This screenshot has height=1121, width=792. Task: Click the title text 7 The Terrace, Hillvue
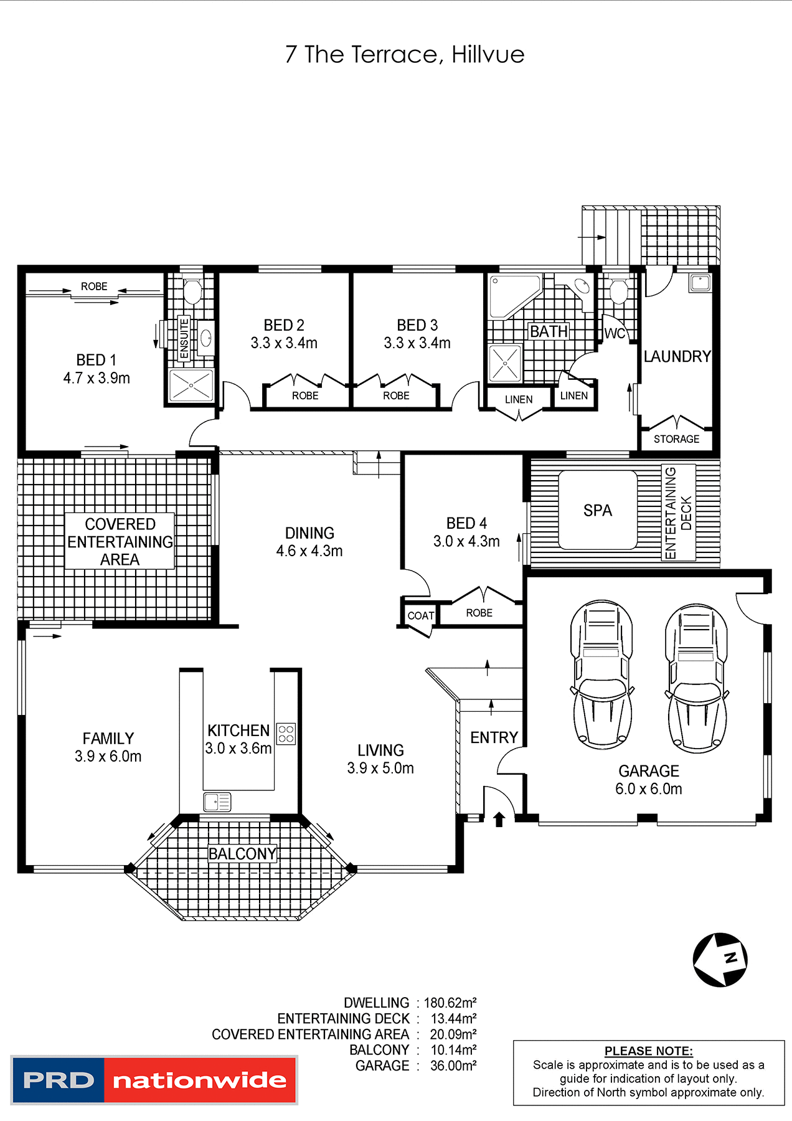coord(405,55)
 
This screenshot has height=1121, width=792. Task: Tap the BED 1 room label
coord(96,360)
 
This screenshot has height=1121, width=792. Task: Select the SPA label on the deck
coord(598,511)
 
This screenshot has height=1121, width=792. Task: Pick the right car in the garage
coord(696,678)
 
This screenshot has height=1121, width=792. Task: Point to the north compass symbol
coord(720,960)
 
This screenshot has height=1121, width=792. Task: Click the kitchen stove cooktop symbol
coord(286,734)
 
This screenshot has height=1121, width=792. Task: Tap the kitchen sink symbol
coord(217,802)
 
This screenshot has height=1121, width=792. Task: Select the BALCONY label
coord(242,854)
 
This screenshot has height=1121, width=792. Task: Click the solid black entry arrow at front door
coord(499,819)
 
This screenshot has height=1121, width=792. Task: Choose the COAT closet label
coord(420,616)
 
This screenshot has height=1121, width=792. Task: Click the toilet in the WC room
coord(618,291)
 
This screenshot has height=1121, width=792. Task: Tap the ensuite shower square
coord(191,386)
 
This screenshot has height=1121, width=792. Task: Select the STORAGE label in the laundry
coord(676,439)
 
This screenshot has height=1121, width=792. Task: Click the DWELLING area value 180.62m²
coord(450,1003)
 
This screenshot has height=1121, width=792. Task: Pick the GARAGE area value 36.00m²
coord(453,1066)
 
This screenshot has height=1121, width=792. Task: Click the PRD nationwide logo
coord(154,1080)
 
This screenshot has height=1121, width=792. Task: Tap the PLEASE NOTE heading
coord(648,1051)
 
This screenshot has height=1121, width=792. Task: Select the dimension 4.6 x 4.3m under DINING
coord(309,551)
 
